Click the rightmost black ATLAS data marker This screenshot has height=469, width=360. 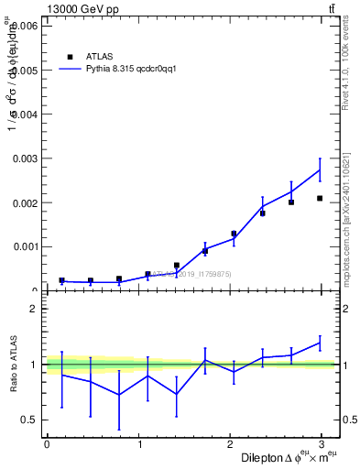320,198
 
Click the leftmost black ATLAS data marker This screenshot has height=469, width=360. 61,280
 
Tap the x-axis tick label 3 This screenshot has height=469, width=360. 325,444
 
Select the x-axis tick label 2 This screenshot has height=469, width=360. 233,444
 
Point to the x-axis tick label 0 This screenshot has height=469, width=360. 47,444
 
